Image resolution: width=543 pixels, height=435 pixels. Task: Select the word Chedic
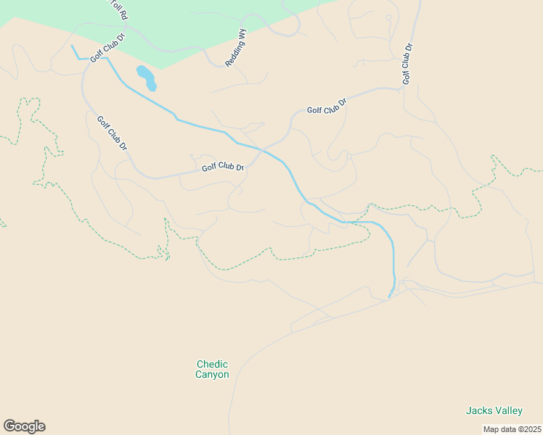(212, 365)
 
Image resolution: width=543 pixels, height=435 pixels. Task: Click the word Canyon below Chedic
(212, 375)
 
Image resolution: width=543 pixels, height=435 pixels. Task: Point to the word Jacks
(478, 410)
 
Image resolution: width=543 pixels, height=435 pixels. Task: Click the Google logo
(24, 426)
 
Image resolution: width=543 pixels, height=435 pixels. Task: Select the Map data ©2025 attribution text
(512, 429)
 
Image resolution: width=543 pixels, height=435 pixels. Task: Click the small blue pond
(146, 78)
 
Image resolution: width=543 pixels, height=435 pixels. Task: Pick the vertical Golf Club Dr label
(407, 64)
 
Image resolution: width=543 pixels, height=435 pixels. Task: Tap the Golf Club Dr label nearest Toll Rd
(108, 46)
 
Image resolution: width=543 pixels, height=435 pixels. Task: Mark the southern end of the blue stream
(390, 297)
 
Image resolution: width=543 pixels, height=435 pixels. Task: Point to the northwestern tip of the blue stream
(72, 46)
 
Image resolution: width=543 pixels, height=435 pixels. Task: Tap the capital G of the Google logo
(9, 426)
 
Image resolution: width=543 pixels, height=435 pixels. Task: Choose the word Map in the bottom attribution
(491, 429)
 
